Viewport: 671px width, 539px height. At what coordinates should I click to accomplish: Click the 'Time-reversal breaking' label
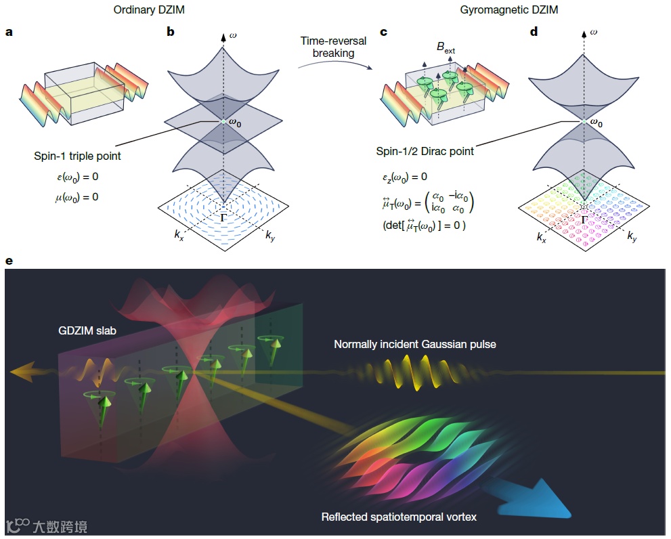[x=333, y=47]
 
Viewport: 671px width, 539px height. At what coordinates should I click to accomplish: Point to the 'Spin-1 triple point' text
[x=75, y=157]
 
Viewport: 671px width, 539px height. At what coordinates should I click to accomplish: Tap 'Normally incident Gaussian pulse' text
[x=415, y=345]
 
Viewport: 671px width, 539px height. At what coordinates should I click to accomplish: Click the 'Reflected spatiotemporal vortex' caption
[x=399, y=517]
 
